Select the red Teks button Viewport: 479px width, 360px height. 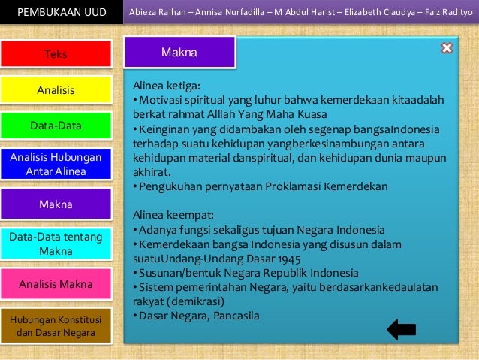(56, 54)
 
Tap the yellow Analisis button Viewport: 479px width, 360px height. (56, 90)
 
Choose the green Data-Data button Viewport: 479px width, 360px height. (56, 126)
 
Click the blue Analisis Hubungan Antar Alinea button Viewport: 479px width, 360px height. (56, 164)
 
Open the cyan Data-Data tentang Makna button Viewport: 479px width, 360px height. (56, 244)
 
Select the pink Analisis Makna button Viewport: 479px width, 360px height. (56, 284)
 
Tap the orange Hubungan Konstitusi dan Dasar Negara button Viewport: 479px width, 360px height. (56, 325)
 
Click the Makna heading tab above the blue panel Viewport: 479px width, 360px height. (179, 53)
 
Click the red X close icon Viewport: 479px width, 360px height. (447, 49)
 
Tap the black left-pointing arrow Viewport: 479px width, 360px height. (401, 329)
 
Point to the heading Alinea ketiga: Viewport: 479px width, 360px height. (166, 86)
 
